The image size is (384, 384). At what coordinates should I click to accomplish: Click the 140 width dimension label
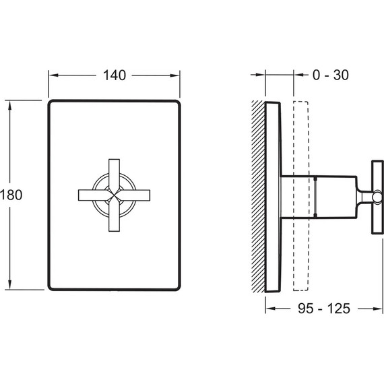point(115,75)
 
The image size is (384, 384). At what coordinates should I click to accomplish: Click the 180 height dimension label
point(11,195)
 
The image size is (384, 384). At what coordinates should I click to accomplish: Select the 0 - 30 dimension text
point(330,75)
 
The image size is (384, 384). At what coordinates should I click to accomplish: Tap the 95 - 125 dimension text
point(324,309)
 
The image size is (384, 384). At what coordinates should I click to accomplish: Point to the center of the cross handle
point(114,195)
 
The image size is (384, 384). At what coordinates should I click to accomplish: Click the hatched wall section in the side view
point(258,196)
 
